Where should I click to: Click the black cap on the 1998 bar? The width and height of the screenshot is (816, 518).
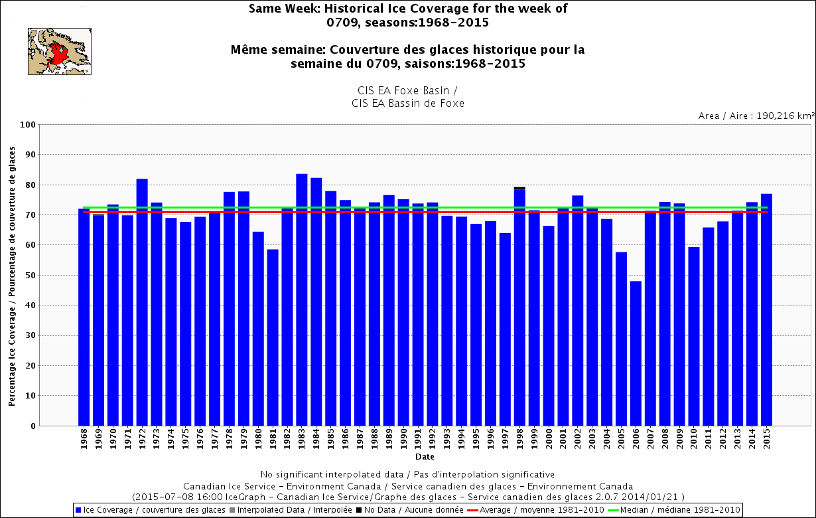(519, 188)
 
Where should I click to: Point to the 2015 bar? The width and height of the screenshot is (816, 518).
(766, 309)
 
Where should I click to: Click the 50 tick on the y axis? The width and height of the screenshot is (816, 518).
(30, 276)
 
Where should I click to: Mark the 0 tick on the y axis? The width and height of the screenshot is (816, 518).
(33, 426)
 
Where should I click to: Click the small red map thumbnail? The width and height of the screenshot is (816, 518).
(59, 51)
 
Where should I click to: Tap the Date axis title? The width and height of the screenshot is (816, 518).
(425, 457)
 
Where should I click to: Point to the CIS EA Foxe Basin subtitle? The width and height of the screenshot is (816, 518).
(408, 90)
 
